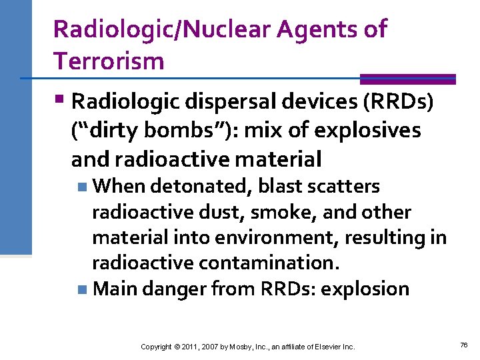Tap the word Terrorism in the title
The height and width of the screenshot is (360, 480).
[109, 61]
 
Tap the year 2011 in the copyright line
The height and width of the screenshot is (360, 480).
[186, 347]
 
